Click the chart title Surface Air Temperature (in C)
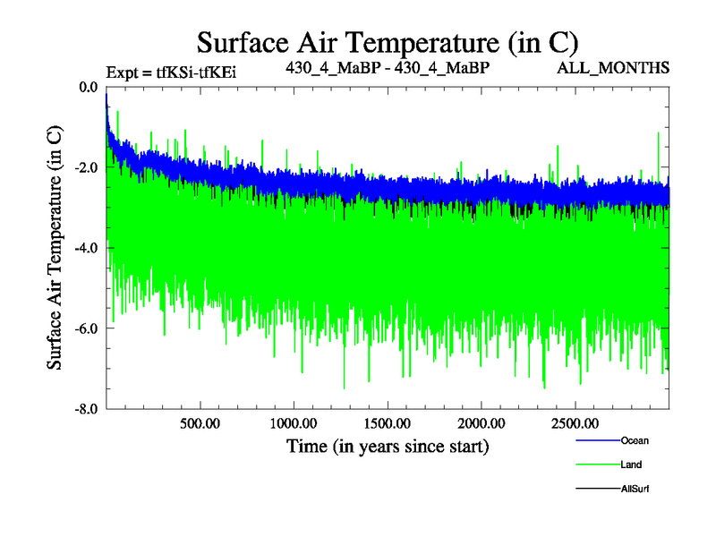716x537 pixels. point(388,42)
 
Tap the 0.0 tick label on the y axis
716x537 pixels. point(89,88)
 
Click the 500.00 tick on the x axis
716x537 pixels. point(200,422)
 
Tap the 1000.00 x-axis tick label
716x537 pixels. point(293,422)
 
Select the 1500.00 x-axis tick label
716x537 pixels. point(387,422)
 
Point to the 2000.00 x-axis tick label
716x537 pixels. point(481,422)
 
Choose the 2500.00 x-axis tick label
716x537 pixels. point(574,422)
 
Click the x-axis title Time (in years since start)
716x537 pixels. point(388,445)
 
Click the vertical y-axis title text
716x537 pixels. point(55,248)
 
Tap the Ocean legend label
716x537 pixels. point(635,440)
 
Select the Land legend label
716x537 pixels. point(631,465)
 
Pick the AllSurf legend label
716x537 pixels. point(635,489)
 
